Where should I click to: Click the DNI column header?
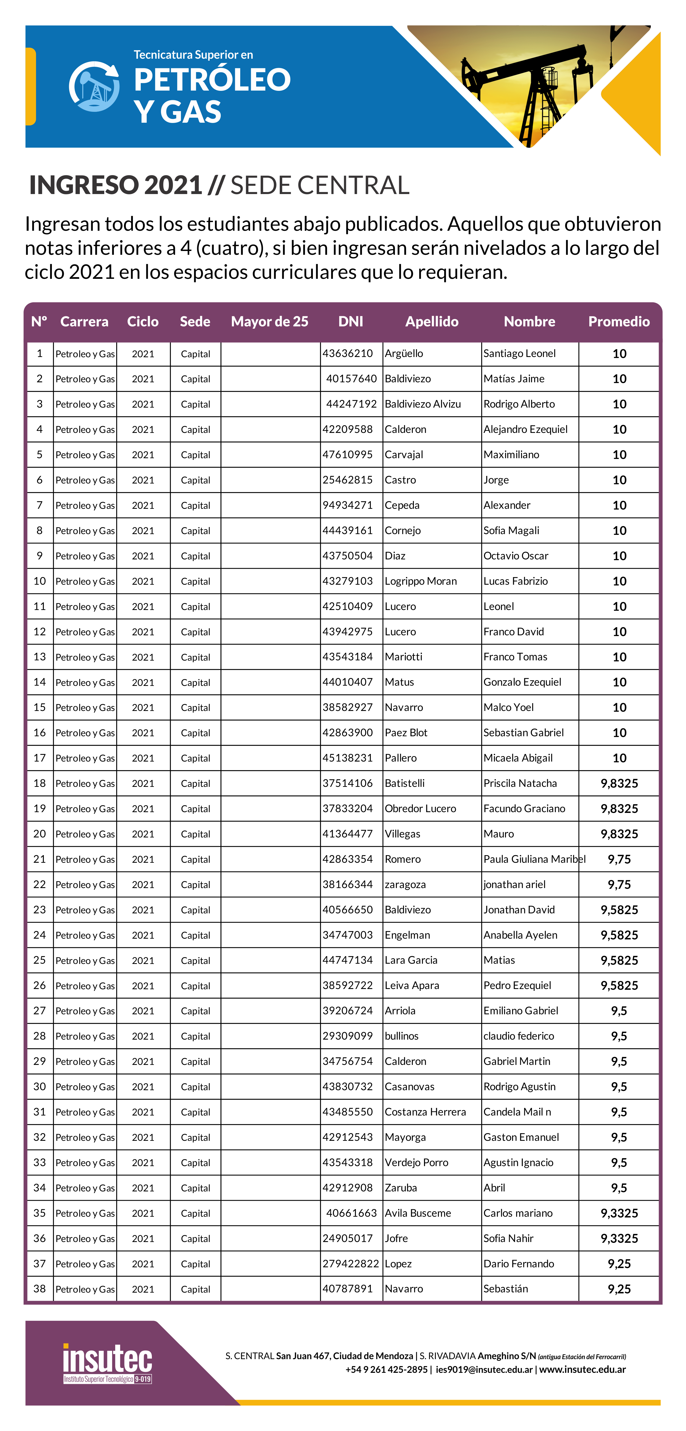pyautogui.click(x=351, y=322)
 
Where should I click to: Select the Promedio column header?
pyautogui.click(x=619, y=322)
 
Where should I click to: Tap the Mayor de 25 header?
pyautogui.click(x=270, y=322)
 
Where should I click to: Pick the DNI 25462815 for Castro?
pyautogui.click(x=348, y=480)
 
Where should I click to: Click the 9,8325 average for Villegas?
pyautogui.click(x=619, y=834)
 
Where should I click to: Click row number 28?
pyautogui.click(x=39, y=1036)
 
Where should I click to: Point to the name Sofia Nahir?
pyautogui.click(x=508, y=1238)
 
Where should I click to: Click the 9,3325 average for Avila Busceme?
pyautogui.click(x=619, y=1213)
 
